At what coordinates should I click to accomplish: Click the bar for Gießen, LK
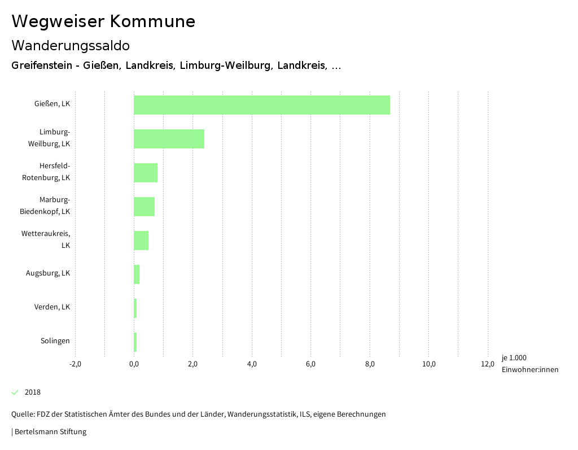pyautogui.click(x=261, y=105)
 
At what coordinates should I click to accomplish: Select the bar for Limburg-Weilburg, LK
pyautogui.click(x=169, y=139)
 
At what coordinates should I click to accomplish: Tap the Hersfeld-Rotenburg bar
pyautogui.click(x=146, y=173)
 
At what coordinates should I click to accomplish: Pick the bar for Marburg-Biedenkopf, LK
pyautogui.click(x=144, y=207)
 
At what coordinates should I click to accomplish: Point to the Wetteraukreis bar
pyautogui.click(x=141, y=241)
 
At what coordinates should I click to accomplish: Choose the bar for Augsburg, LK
pyautogui.click(x=137, y=274)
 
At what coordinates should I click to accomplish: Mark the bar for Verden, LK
pyautogui.click(x=135, y=308)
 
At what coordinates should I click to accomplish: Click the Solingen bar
pyautogui.click(x=135, y=342)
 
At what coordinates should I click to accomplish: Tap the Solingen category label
pyautogui.click(x=55, y=341)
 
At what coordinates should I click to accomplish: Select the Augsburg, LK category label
pyautogui.click(x=48, y=273)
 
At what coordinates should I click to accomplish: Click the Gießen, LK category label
pyautogui.click(x=52, y=104)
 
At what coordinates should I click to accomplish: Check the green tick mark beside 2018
pyautogui.click(x=15, y=392)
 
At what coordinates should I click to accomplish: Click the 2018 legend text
pyautogui.click(x=33, y=392)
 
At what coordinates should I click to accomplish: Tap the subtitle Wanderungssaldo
pyautogui.click(x=71, y=45)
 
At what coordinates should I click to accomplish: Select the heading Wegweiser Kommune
pyautogui.click(x=103, y=21)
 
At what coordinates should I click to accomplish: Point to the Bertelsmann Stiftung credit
pyautogui.click(x=50, y=432)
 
